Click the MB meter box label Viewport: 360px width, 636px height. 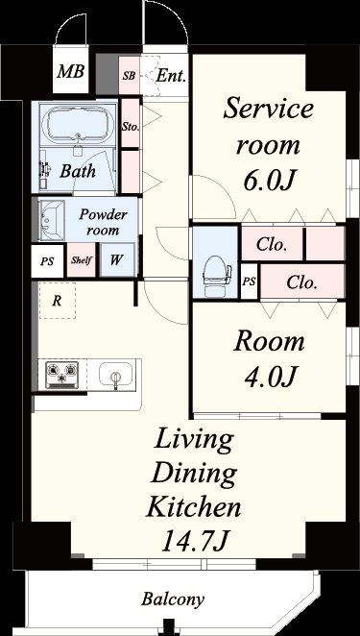click(70, 71)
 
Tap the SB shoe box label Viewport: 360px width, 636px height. click(130, 76)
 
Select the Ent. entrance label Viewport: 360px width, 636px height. click(171, 76)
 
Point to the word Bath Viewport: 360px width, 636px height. click(78, 171)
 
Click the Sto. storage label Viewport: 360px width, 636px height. click(131, 127)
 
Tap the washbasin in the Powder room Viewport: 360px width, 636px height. click(52, 220)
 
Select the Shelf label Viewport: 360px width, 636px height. click(82, 260)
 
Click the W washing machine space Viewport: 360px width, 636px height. click(117, 259)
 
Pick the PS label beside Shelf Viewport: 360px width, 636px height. click(47, 261)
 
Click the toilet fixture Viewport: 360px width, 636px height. click(217, 277)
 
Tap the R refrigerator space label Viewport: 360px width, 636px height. click(58, 301)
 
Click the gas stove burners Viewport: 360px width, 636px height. click(62, 375)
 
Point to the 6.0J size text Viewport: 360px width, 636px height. click(268, 181)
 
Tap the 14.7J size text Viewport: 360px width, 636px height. click(195, 541)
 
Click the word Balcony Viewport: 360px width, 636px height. click(173, 599)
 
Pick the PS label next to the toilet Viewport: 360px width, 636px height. click(250, 281)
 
